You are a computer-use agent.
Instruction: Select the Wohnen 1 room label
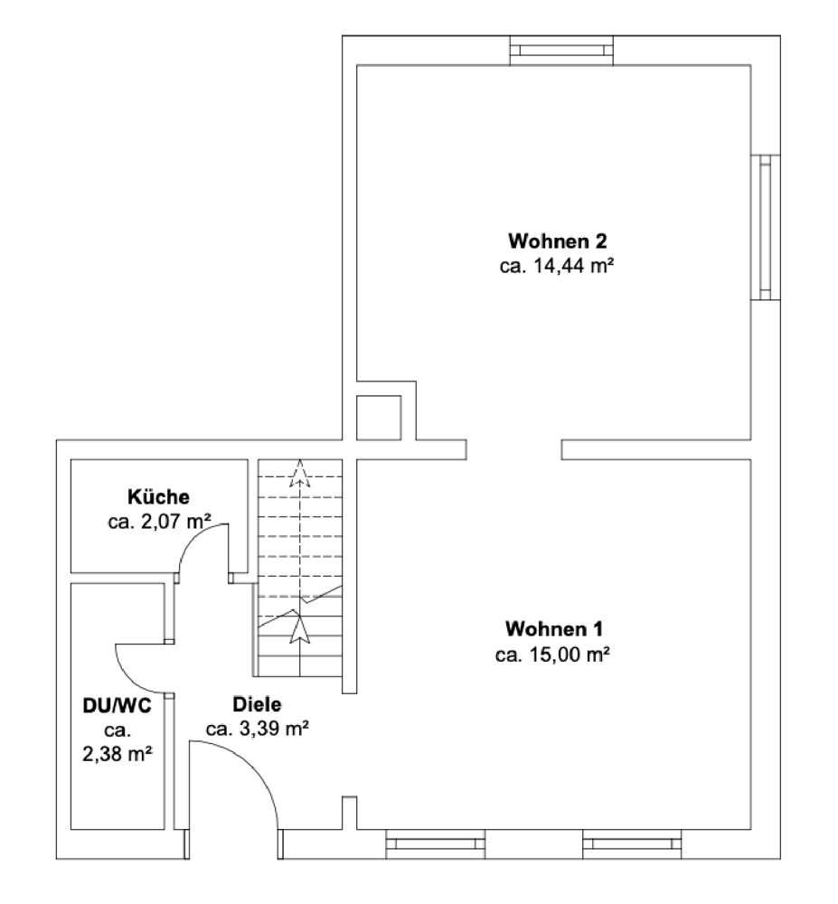(554, 628)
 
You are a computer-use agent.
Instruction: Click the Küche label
(158, 496)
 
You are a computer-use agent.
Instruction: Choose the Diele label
(258, 704)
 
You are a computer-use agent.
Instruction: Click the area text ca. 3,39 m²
(258, 729)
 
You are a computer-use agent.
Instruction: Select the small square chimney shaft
(378, 418)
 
